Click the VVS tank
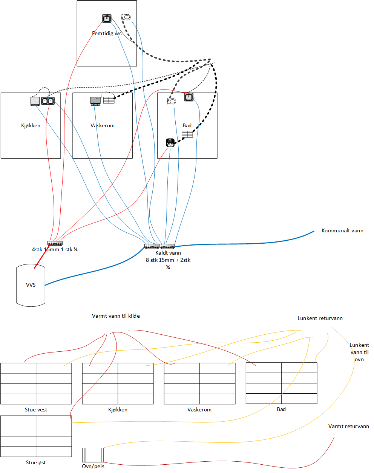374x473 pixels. click(31, 285)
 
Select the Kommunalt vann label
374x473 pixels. click(342, 230)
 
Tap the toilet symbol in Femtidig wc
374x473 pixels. click(126, 17)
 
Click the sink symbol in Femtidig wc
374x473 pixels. click(107, 18)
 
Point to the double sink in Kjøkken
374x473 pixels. click(48, 101)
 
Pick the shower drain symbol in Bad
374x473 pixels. click(170, 142)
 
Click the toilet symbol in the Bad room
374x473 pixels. click(172, 101)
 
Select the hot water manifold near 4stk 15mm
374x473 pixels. click(55, 243)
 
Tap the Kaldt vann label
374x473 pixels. click(168, 253)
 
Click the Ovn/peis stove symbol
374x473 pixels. click(93, 454)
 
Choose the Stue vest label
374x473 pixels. click(36, 410)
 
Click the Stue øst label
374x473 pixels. click(36, 462)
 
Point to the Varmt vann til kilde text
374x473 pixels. click(116, 316)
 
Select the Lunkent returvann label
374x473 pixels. click(320, 318)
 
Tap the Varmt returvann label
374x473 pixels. click(349, 426)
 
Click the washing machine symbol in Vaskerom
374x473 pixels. click(95, 101)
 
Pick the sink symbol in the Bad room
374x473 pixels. click(189, 97)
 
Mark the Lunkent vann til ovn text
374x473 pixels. click(359, 352)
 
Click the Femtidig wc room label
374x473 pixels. click(107, 33)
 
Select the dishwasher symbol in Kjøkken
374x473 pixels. click(35, 101)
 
